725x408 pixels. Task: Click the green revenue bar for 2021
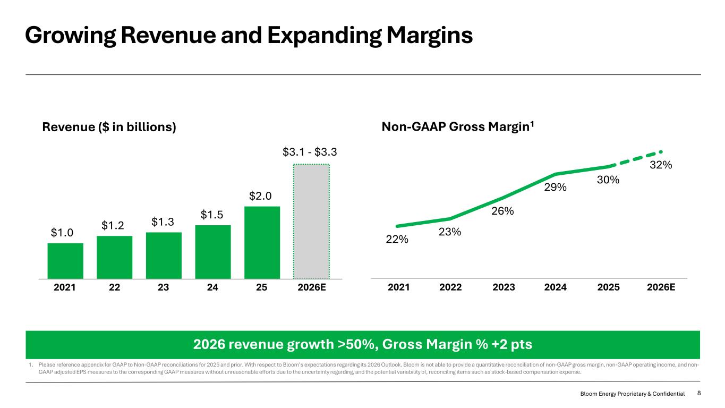[65, 260]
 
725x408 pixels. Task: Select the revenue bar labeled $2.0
[262, 242]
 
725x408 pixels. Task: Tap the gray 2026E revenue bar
[311, 221]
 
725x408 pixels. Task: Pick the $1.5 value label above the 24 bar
[212, 215]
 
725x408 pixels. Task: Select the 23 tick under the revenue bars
[164, 287]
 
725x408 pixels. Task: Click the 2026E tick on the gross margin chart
[661, 287]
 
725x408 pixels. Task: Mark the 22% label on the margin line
[397, 240]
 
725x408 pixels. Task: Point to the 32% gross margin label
[661, 165]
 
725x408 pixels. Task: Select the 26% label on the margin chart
[502, 211]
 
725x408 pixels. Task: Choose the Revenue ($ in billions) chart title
[109, 127]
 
